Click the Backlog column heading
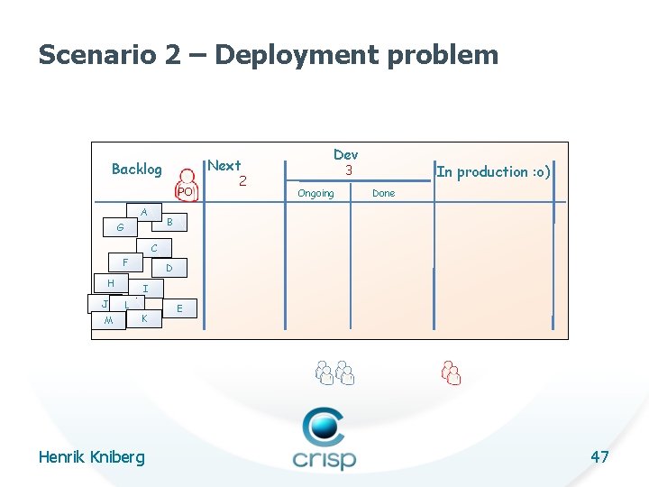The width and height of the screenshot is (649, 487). tap(137, 169)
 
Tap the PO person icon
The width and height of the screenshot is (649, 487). tap(187, 184)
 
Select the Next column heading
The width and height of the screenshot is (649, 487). tap(224, 166)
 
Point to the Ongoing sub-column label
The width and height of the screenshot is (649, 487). tap(315, 193)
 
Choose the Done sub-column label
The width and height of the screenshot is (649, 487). tap(384, 193)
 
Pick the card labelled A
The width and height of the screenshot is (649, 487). tap(143, 212)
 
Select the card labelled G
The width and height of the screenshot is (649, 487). tap(120, 228)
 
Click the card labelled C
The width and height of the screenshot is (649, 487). tap(154, 248)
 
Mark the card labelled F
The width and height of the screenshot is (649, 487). tap(125, 262)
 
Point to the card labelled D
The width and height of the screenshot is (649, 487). tap(169, 269)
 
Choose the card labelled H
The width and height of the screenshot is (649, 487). tap(110, 283)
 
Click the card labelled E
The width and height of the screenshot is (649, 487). tap(180, 308)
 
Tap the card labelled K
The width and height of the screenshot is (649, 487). tap(144, 319)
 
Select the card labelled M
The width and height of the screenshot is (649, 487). tap(108, 321)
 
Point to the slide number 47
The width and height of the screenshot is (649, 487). tap(599, 456)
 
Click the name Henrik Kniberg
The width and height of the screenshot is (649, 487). tap(91, 457)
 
